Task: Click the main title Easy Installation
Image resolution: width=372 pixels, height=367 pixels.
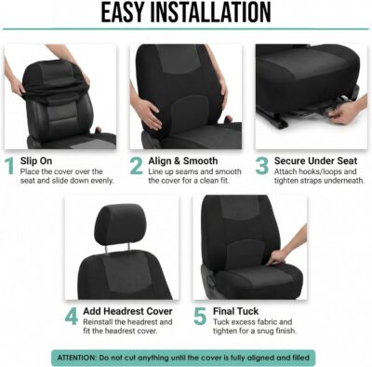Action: coord(186,13)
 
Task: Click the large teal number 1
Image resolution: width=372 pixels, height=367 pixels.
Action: coord(10,168)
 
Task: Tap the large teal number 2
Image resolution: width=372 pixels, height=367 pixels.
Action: coord(137,168)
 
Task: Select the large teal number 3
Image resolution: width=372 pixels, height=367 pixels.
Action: coord(262,168)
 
